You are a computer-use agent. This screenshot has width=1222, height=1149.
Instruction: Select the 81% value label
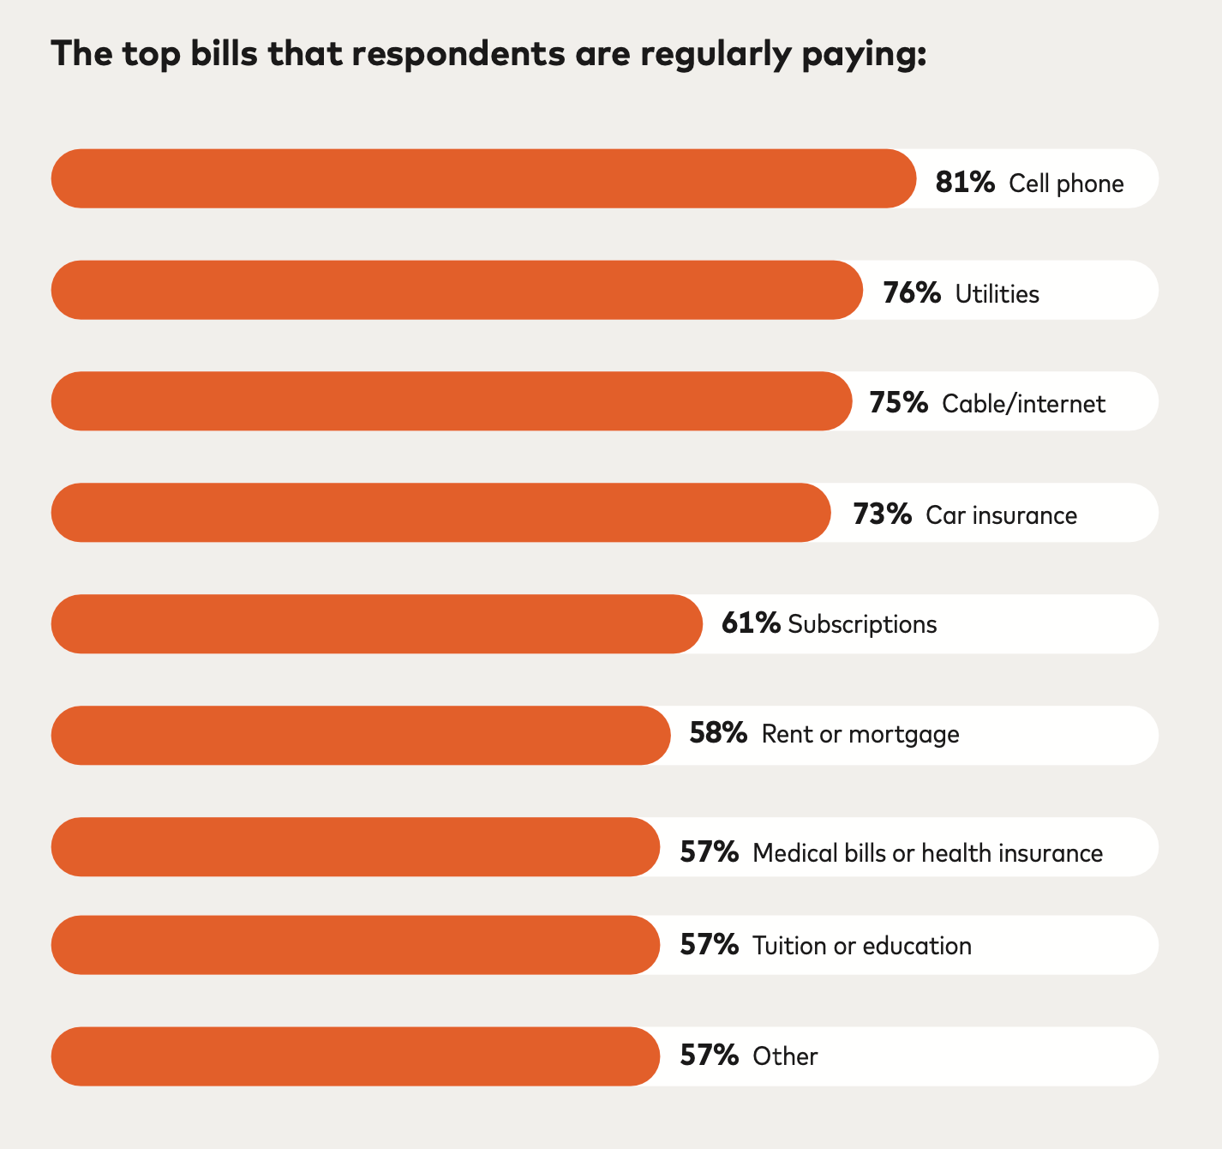(965, 183)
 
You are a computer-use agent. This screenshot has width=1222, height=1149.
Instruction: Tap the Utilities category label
(997, 294)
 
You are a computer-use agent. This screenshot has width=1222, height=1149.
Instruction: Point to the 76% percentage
(912, 293)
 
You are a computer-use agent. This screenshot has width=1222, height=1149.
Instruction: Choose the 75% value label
(898, 403)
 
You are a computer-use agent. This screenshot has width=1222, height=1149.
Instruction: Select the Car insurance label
(1001, 515)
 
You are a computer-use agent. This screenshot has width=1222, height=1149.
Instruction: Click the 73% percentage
(882, 514)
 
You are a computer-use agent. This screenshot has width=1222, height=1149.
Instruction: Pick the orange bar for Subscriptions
(377, 624)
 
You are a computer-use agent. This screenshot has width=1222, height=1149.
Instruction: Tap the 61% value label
(751, 623)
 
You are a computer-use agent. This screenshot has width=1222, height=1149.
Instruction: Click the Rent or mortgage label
(860, 734)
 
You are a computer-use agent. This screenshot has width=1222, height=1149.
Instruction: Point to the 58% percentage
(718, 734)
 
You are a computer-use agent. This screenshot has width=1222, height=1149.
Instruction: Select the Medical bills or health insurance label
(927, 853)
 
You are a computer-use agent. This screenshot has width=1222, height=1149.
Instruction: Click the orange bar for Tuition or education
(356, 945)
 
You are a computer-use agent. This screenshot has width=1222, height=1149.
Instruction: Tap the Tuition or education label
(861, 946)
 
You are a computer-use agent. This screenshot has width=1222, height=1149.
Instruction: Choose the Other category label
(785, 1056)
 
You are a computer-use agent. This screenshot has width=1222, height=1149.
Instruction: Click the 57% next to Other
(709, 1056)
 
